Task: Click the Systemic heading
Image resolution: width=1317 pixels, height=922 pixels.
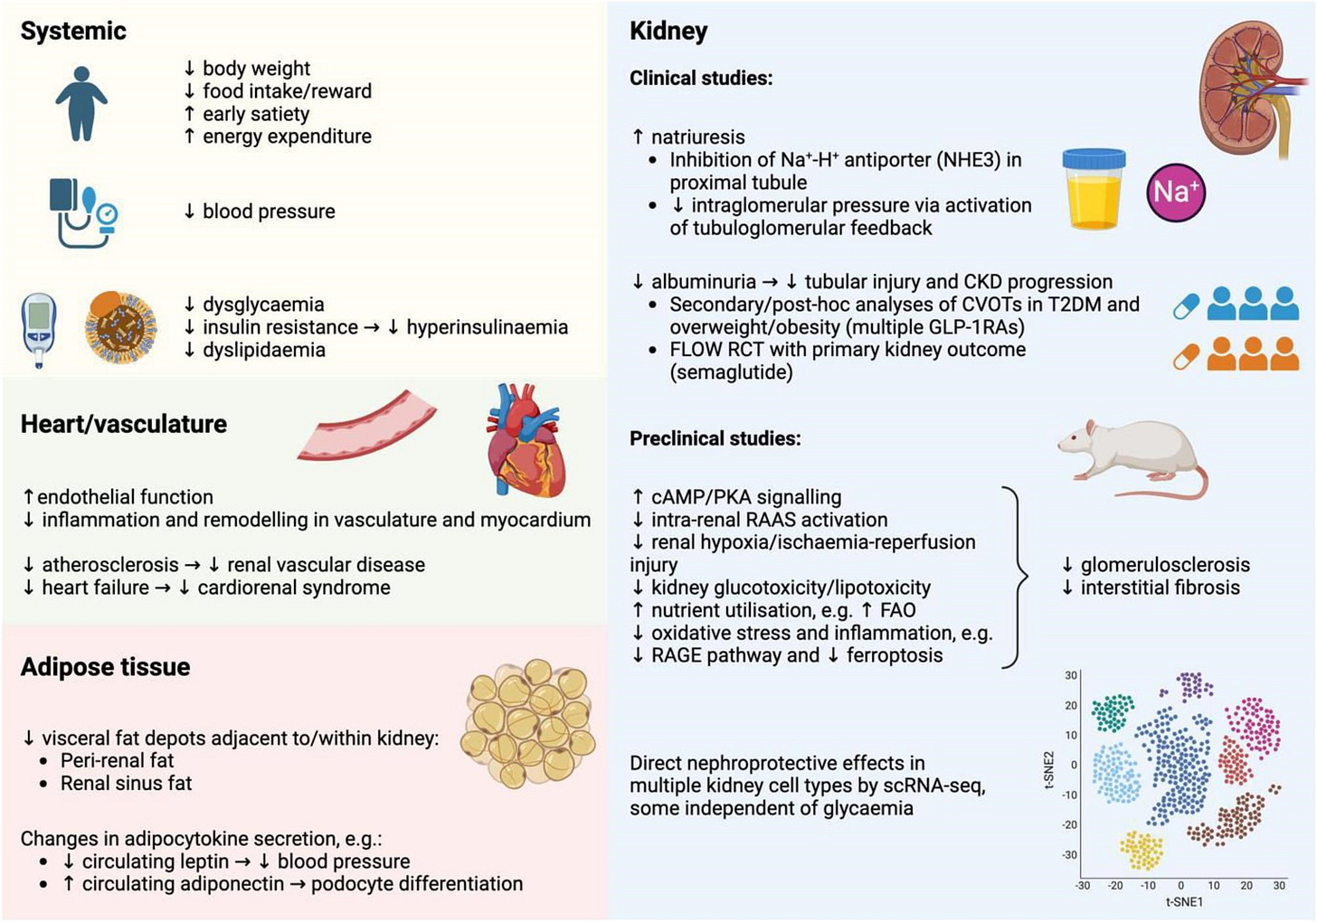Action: pyautogui.click(x=73, y=31)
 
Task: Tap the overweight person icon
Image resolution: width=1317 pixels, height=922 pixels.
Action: pyautogui.click(x=81, y=103)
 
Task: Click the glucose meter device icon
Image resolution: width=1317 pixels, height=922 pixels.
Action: pyautogui.click(x=38, y=328)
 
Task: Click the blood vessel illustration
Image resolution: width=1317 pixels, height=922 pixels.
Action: pyautogui.click(x=367, y=431)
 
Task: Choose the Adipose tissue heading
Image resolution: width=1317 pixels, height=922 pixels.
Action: pyautogui.click(x=105, y=667)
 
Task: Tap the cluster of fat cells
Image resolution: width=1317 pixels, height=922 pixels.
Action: pyautogui.click(x=527, y=723)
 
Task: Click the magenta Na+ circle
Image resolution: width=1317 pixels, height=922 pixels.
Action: pyautogui.click(x=1176, y=192)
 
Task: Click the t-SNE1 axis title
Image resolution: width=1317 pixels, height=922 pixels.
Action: pyautogui.click(x=1184, y=901)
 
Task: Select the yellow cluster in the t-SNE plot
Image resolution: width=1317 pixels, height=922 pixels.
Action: pyautogui.click(x=1142, y=851)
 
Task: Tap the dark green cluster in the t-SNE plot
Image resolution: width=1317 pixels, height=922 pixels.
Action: pyautogui.click(x=1113, y=712)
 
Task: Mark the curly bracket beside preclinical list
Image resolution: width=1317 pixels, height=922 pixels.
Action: pyautogui.click(x=1019, y=577)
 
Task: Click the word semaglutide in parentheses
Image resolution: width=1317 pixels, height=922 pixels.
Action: pyautogui.click(x=731, y=372)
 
